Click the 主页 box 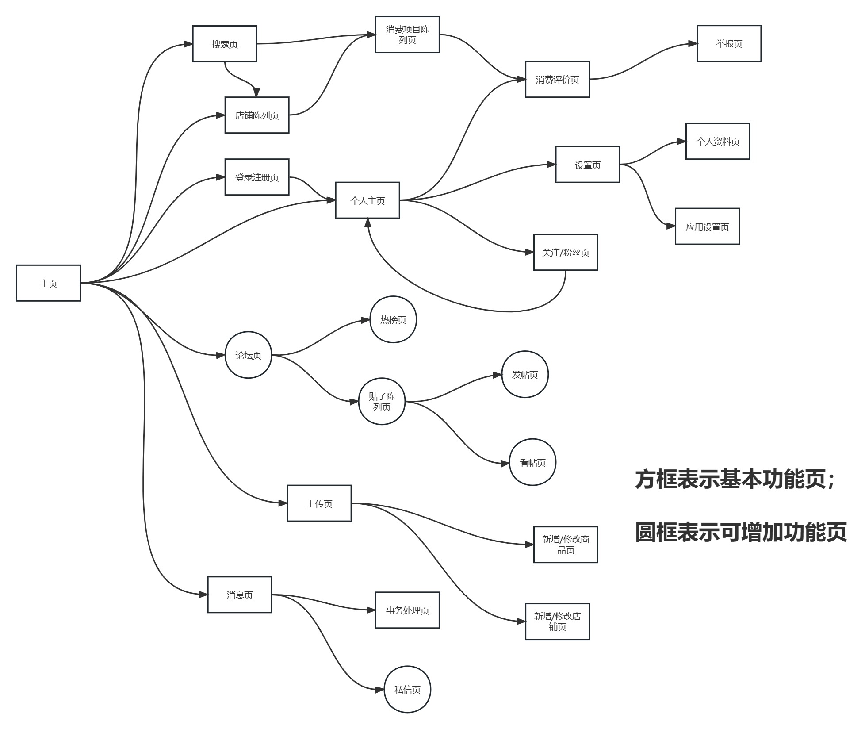click(x=48, y=283)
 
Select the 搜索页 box click(x=225, y=44)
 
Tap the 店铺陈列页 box click(x=257, y=115)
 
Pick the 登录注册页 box click(x=257, y=177)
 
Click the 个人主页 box click(x=367, y=200)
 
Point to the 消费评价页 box click(x=557, y=79)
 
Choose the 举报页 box click(x=729, y=43)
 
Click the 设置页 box click(x=588, y=165)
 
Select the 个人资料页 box click(x=718, y=141)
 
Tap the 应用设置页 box click(x=707, y=226)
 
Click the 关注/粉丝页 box click(x=566, y=252)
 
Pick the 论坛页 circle click(x=248, y=355)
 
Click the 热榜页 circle click(x=393, y=319)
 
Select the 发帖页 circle click(x=525, y=374)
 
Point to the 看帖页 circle click(x=532, y=462)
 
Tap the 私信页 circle click(x=407, y=689)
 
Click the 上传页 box click(x=319, y=503)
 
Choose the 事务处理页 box click(x=407, y=610)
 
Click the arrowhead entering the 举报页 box click(x=693, y=44)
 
